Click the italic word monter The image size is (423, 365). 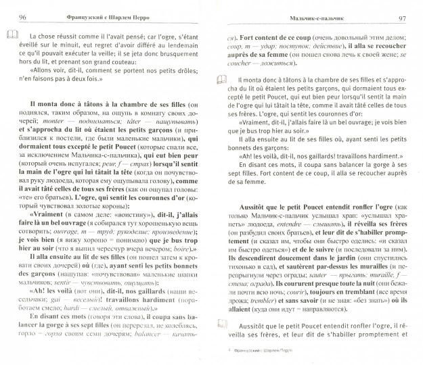pos(77,134)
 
